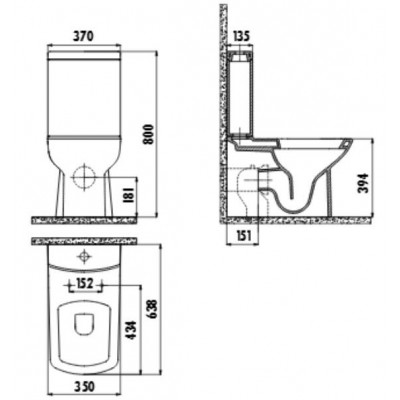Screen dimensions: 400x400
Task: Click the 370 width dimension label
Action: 84,36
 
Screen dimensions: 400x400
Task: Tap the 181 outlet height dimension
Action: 130,195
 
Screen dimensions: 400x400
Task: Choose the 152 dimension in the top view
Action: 85,284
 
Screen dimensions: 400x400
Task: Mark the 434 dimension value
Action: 131,330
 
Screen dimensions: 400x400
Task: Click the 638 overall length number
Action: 152,309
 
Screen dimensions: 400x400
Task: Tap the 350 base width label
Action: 84,387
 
